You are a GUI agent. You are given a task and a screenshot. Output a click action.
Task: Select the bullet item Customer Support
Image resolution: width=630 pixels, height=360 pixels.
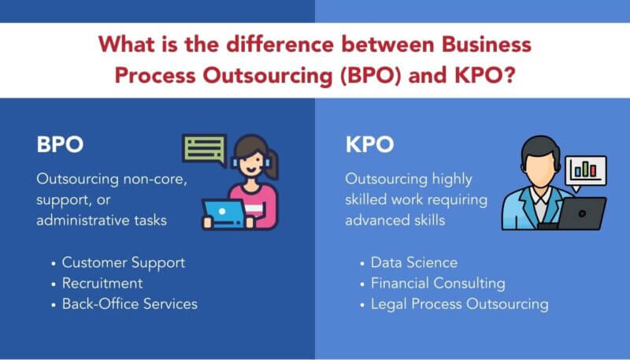(124, 262)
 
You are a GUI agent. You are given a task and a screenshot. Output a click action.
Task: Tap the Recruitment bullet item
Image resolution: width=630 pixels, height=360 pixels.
(102, 283)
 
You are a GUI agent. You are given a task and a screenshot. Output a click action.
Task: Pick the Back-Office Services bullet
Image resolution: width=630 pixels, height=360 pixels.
(130, 303)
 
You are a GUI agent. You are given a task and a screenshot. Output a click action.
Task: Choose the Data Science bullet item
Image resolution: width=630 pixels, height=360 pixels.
(413, 262)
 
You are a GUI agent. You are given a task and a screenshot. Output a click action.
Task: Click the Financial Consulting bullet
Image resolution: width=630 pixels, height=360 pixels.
(438, 283)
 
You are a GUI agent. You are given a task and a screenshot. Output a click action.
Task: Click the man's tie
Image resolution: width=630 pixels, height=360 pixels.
(541, 206)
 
